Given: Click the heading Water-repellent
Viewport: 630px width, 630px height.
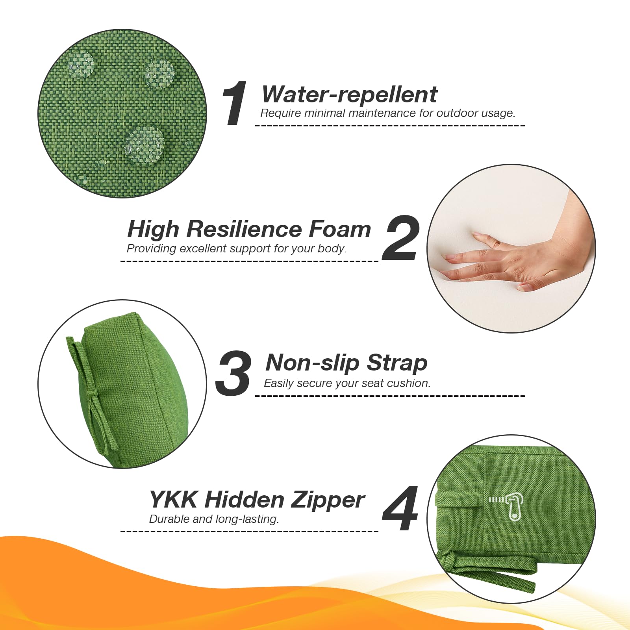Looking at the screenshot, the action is [x=349, y=94].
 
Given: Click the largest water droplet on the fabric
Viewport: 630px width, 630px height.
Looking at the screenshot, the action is [x=145, y=142].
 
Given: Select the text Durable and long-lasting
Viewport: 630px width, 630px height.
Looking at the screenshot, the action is [x=214, y=519].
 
